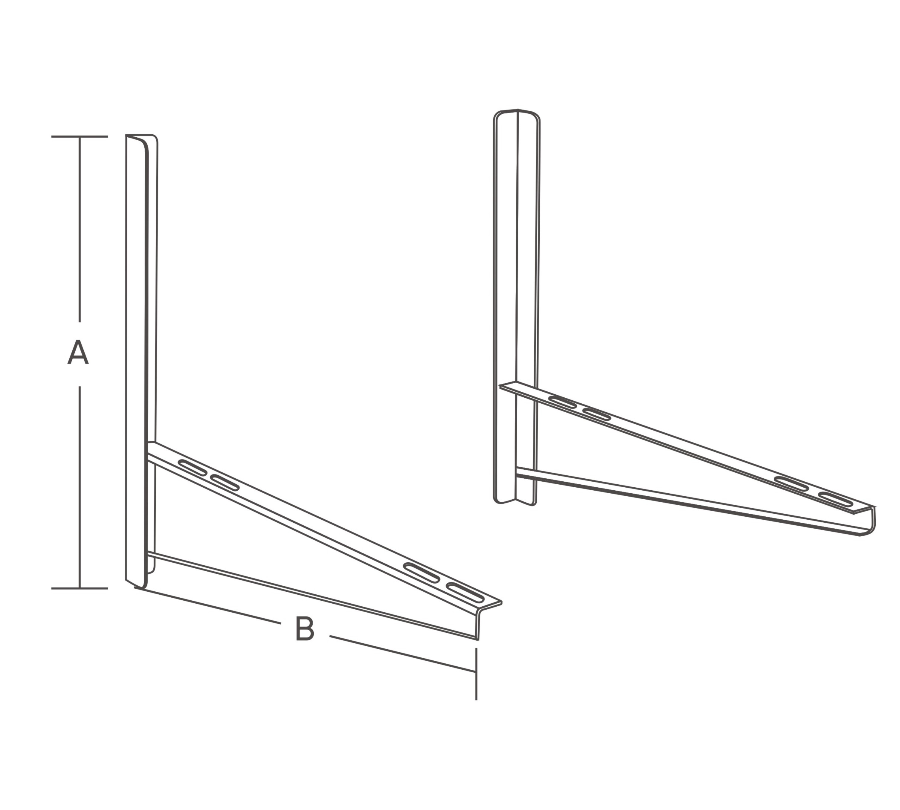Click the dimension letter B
tap(305, 628)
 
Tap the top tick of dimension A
tap(80, 136)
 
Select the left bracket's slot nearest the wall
tap(192, 467)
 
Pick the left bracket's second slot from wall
tap(225, 483)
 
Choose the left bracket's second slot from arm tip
tap(422, 573)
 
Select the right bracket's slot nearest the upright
tap(563, 402)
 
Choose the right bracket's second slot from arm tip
tap(792, 484)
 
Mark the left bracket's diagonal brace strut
tap(312, 596)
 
